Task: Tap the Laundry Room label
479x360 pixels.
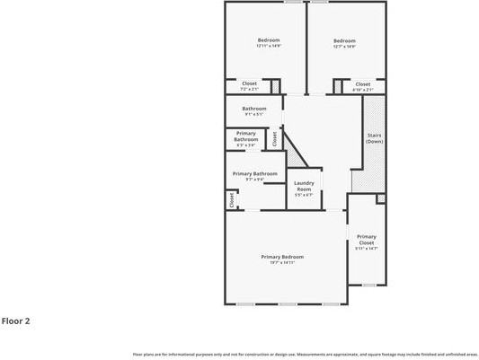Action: click(x=304, y=186)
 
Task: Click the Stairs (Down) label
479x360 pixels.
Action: click(x=375, y=138)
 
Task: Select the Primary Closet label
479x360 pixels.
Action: click(x=366, y=240)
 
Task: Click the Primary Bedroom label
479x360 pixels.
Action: click(x=282, y=258)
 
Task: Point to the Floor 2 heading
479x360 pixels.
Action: click(x=16, y=320)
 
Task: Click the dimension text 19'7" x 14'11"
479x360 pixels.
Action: click(x=282, y=263)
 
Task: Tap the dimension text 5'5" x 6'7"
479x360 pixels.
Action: click(x=304, y=195)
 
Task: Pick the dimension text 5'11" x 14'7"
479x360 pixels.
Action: click(x=366, y=249)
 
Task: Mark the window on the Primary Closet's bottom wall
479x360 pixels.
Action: click(x=368, y=285)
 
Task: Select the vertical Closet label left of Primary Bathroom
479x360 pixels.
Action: click(x=231, y=199)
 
